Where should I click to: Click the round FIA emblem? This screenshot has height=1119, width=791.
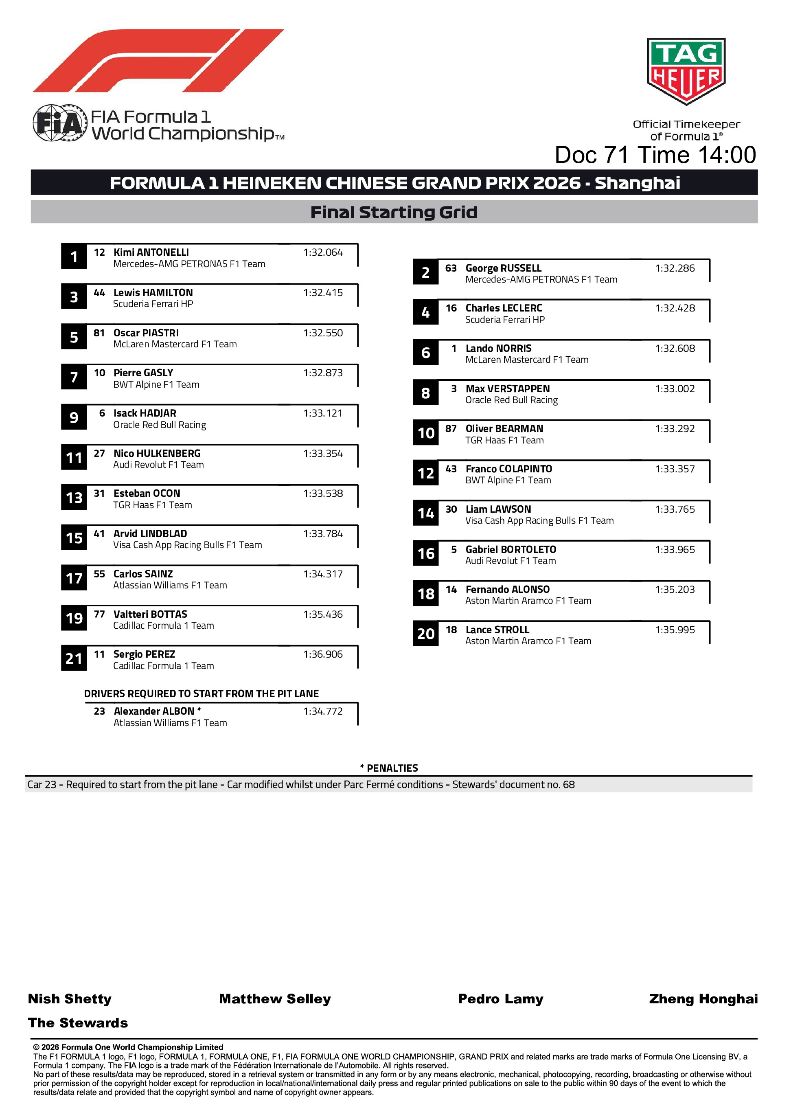click(x=59, y=123)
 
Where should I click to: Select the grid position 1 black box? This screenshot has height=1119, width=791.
click(x=74, y=257)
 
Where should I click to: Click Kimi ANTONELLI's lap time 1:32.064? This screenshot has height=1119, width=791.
click(x=323, y=252)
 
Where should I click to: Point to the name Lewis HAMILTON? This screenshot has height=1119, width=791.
click(x=153, y=292)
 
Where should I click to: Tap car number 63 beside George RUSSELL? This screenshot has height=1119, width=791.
click(x=451, y=268)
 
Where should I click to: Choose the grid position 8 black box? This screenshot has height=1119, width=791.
click(x=425, y=393)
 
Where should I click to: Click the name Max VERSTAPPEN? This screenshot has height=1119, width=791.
click(x=507, y=388)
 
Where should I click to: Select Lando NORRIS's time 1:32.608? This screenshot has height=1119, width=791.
click(x=675, y=349)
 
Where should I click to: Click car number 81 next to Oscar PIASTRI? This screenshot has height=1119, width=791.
click(x=99, y=333)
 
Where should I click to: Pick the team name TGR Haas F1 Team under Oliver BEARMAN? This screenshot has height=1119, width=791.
click(x=504, y=440)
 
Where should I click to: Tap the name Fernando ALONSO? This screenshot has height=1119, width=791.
click(x=507, y=589)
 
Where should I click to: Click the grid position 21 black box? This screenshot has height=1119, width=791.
click(x=74, y=658)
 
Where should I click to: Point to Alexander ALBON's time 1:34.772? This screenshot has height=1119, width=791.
click(x=323, y=711)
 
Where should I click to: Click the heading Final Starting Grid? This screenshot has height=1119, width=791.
click(x=394, y=212)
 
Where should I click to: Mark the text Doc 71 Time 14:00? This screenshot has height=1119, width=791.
click(x=655, y=155)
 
